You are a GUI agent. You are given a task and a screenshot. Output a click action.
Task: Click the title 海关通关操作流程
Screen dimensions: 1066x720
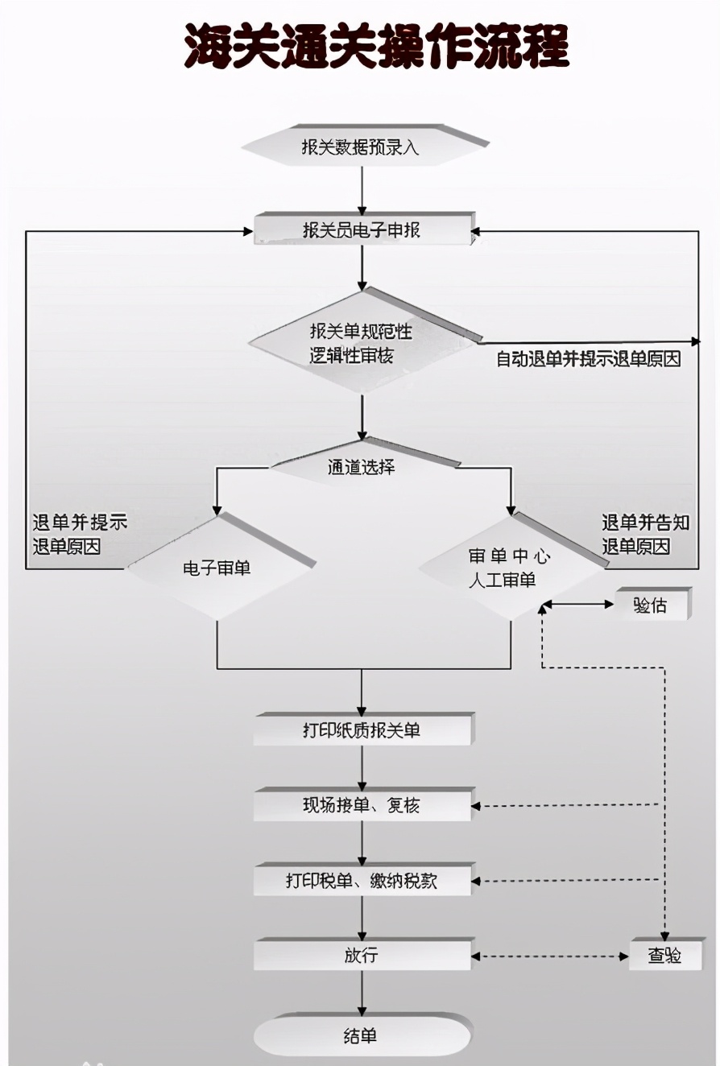coord(376,47)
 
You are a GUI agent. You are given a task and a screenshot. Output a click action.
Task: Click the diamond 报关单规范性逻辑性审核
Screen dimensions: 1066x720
coord(362,343)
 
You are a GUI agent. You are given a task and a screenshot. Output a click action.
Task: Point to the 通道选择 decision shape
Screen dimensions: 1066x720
coord(362,466)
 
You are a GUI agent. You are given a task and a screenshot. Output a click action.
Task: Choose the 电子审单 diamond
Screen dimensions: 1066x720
coord(217,568)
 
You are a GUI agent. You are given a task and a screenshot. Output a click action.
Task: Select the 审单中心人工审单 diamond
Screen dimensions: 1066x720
coord(509,568)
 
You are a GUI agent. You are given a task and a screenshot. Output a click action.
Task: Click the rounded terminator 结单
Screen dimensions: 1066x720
coord(362,1036)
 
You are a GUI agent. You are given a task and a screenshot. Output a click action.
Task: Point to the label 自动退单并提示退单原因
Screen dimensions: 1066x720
coord(588,360)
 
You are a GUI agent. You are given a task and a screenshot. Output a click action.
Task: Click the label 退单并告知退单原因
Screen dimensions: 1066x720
coord(645,535)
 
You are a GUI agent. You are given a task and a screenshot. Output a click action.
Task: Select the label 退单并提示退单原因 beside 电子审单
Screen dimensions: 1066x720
coord(79,535)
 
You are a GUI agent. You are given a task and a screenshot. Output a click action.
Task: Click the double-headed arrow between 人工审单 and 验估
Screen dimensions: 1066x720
coord(578,605)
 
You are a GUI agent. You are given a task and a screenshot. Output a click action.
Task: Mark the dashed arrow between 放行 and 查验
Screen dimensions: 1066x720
coord(550,957)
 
